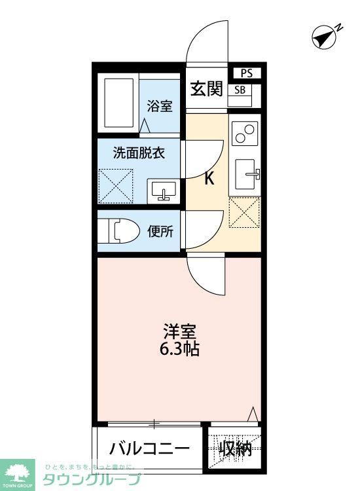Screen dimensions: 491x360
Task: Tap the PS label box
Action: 247,73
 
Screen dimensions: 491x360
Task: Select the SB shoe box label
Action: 240,90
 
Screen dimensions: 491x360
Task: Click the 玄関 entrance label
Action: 206,89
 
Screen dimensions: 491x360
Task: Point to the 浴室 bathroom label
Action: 160,105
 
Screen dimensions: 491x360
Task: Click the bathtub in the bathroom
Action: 118,103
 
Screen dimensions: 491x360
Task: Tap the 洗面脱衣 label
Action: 138,154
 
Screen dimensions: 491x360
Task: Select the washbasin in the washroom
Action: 162,191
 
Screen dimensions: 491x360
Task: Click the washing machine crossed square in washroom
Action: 116,187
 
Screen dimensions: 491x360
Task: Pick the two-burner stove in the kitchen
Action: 245,134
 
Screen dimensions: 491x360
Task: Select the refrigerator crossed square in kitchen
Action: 245,213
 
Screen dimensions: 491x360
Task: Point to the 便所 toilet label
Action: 161,231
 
